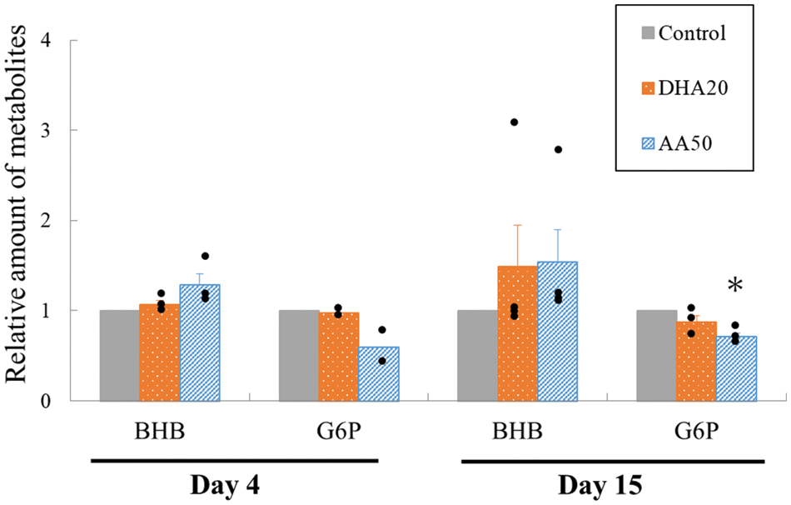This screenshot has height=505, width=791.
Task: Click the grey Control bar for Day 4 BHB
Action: pos(119,356)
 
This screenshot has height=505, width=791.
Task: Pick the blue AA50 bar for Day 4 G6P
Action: pos(379,374)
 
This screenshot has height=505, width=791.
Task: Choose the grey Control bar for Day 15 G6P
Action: pos(656,356)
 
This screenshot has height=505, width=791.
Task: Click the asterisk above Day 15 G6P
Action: pos(734,287)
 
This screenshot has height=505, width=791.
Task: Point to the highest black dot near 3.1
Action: pos(514,122)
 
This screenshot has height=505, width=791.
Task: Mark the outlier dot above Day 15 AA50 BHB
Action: pos(558,150)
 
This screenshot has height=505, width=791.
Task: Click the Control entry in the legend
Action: pos(682,34)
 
